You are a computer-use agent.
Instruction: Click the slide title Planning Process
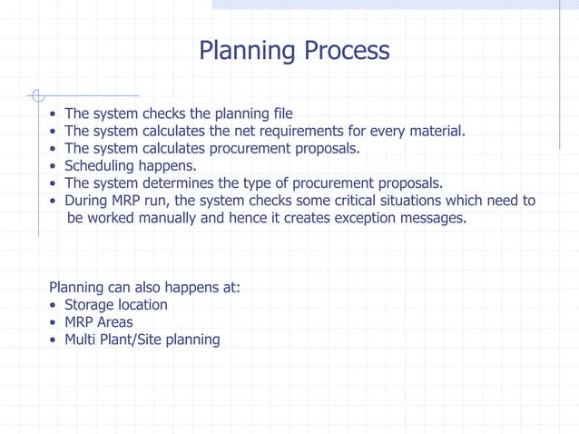[294, 50]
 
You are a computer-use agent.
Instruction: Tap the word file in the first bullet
[280, 113]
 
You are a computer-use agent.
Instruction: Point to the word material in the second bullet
[434, 131]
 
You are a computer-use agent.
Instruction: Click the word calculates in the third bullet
[176, 148]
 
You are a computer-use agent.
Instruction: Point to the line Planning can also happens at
[144, 287]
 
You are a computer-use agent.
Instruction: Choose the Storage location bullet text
[115, 304]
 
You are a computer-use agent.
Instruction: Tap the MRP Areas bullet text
[98, 322]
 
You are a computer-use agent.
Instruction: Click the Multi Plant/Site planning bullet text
[142, 340]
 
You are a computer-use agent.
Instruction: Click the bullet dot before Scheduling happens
[54, 166]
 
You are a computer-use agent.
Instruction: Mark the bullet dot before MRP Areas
[54, 323]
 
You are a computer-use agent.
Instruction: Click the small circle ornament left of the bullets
[36, 94]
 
